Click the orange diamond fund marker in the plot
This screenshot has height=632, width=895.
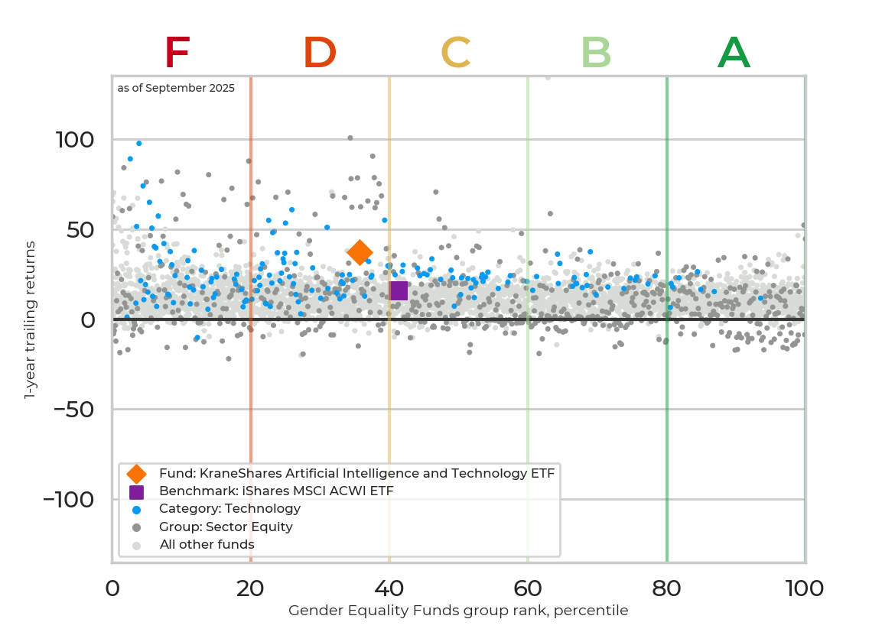point(360,251)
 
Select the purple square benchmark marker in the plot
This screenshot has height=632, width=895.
point(399,290)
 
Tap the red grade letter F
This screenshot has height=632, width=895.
point(177,53)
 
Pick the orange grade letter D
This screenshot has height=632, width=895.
point(320,53)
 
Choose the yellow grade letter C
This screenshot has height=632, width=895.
point(456,53)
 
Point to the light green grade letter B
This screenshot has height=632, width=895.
point(596,53)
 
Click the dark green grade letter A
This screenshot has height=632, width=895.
point(734,53)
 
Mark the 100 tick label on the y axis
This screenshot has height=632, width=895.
point(75,140)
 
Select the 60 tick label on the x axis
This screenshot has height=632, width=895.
point(527,588)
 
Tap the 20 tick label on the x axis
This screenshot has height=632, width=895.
point(250,588)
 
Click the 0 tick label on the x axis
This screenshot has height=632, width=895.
point(112,588)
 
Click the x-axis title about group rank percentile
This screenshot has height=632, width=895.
point(458,611)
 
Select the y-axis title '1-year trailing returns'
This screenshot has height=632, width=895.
point(31,319)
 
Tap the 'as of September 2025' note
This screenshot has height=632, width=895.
point(176,88)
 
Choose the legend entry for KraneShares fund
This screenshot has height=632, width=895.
point(356,473)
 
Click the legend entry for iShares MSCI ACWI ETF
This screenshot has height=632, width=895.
point(276,491)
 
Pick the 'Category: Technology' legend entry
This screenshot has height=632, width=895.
point(230,508)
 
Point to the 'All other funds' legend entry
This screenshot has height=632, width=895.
point(207,545)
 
